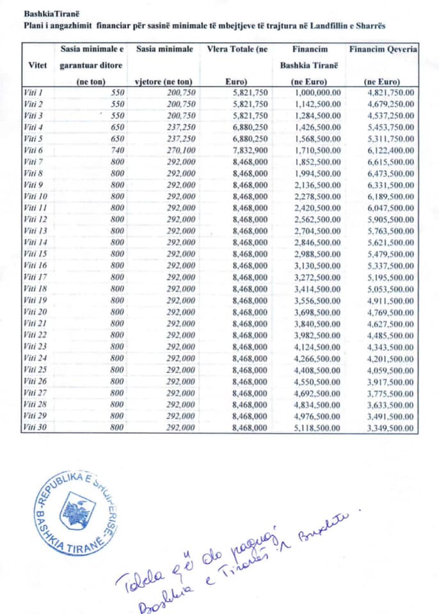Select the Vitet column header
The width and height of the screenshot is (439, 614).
pos(38,65)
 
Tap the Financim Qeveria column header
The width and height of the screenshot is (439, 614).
pos(383,49)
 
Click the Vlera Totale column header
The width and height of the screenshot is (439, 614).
pos(237,49)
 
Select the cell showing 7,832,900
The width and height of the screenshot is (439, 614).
pos(246,150)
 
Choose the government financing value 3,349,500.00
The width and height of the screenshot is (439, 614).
pos(390,428)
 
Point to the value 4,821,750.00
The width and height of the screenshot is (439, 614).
pos(390,93)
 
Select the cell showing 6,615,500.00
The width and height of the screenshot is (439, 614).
pos(390,162)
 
